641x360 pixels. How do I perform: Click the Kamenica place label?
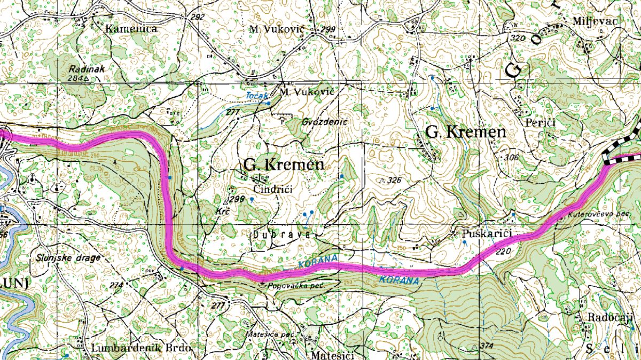click(131, 29)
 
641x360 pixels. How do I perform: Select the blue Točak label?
click(256, 95)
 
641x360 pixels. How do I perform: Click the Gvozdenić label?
click(324, 122)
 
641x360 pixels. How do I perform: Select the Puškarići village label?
click(488, 234)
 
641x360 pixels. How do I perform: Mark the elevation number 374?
click(486, 346)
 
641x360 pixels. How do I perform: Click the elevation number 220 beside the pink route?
click(503, 252)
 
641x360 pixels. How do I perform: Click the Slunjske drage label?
click(69, 258)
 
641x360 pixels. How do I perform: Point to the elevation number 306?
click(512, 158)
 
